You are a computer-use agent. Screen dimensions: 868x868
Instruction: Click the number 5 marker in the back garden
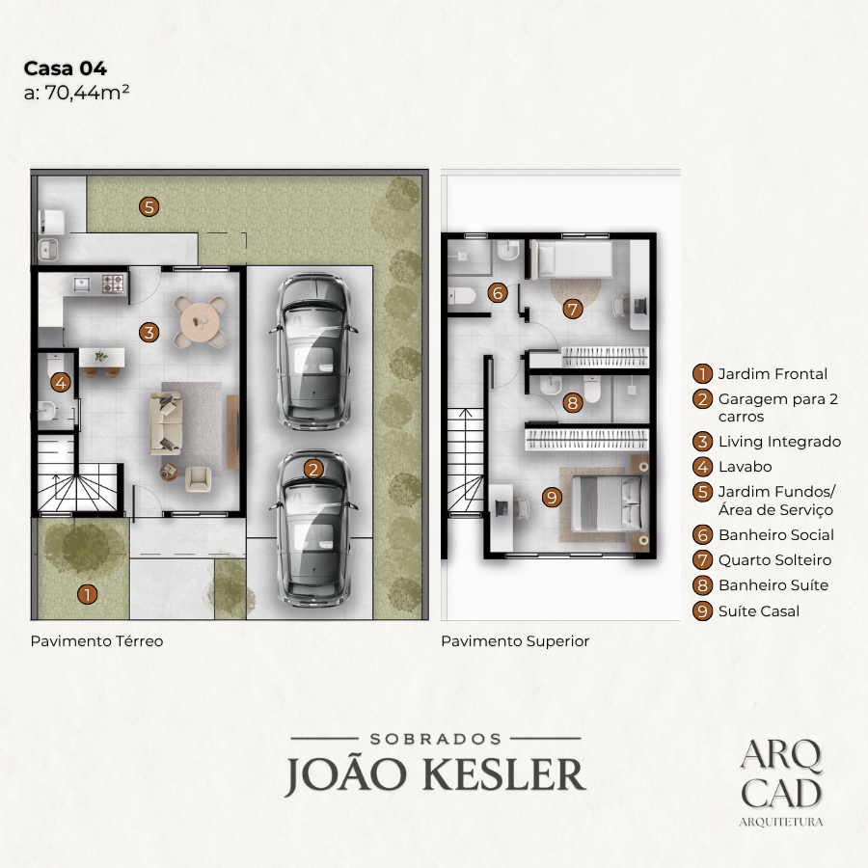[x=149, y=207]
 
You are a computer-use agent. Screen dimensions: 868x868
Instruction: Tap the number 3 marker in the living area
[x=149, y=333]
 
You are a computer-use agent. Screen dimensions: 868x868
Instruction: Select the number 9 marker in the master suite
[x=552, y=497]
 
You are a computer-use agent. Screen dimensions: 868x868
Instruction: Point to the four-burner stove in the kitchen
[x=114, y=285]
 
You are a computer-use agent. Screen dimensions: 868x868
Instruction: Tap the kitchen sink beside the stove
[x=83, y=285]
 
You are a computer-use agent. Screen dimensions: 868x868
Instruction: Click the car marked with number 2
[x=313, y=529]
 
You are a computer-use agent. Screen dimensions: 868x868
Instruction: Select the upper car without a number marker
[x=313, y=351]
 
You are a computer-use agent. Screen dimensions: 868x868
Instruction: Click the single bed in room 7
[x=571, y=258]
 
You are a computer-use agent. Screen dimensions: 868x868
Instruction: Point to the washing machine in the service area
[x=51, y=221]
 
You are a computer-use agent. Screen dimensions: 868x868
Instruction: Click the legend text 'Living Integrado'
[x=779, y=442]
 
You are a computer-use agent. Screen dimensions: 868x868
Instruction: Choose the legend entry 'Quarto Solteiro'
[x=774, y=560]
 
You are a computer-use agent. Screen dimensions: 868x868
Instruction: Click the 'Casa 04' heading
[x=66, y=68]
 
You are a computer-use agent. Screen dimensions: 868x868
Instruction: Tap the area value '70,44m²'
[x=87, y=92]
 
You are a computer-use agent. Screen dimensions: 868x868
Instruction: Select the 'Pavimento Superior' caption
[x=515, y=641]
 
